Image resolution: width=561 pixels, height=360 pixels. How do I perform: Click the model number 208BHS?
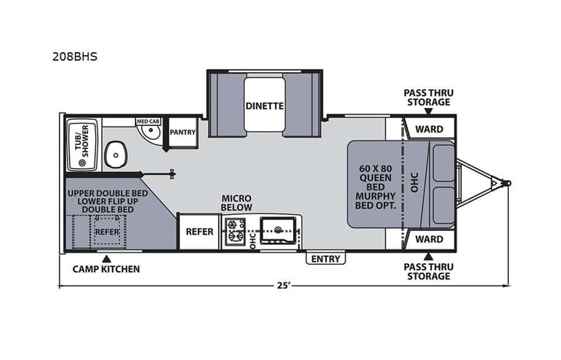point(74,56)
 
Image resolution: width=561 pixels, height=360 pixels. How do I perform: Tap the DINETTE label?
point(265,106)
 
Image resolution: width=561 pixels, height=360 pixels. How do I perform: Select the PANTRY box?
point(183,132)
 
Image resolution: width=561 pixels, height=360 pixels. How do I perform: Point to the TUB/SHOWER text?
point(81,144)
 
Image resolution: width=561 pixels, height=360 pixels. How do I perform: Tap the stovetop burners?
point(234,231)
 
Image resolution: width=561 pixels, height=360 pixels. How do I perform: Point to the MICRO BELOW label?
point(237,203)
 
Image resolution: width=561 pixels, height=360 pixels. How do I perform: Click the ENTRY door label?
point(325,259)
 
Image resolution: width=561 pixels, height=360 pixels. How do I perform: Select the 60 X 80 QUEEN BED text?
point(375,177)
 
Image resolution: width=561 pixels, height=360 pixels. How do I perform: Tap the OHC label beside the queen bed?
point(413,183)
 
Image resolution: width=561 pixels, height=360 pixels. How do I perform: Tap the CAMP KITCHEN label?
point(106,269)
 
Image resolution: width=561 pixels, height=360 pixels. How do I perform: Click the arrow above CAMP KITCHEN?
point(107,257)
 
